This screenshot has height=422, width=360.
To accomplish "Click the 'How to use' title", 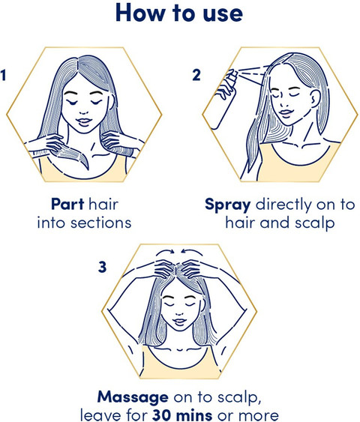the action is click(x=179, y=13).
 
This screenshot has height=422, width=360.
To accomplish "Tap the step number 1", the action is click(x=3, y=75).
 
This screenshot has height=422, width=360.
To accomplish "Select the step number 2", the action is click(x=196, y=75).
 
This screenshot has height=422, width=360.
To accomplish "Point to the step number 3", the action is click(x=102, y=268).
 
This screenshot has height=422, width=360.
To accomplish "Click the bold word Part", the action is click(x=67, y=204).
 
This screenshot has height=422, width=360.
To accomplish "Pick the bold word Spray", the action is click(x=228, y=205).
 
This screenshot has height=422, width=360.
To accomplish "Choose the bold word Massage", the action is click(x=133, y=397).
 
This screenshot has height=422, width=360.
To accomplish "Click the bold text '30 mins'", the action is click(x=182, y=415).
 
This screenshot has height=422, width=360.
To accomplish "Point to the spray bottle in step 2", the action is click(x=223, y=99).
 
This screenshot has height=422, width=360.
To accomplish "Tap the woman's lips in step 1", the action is click(x=84, y=121).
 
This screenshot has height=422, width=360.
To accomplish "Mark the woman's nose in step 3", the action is click(x=178, y=313).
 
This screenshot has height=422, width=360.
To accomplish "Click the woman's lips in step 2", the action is click(x=286, y=112).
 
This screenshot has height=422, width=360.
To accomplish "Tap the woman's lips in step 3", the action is click(x=178, y=321).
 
